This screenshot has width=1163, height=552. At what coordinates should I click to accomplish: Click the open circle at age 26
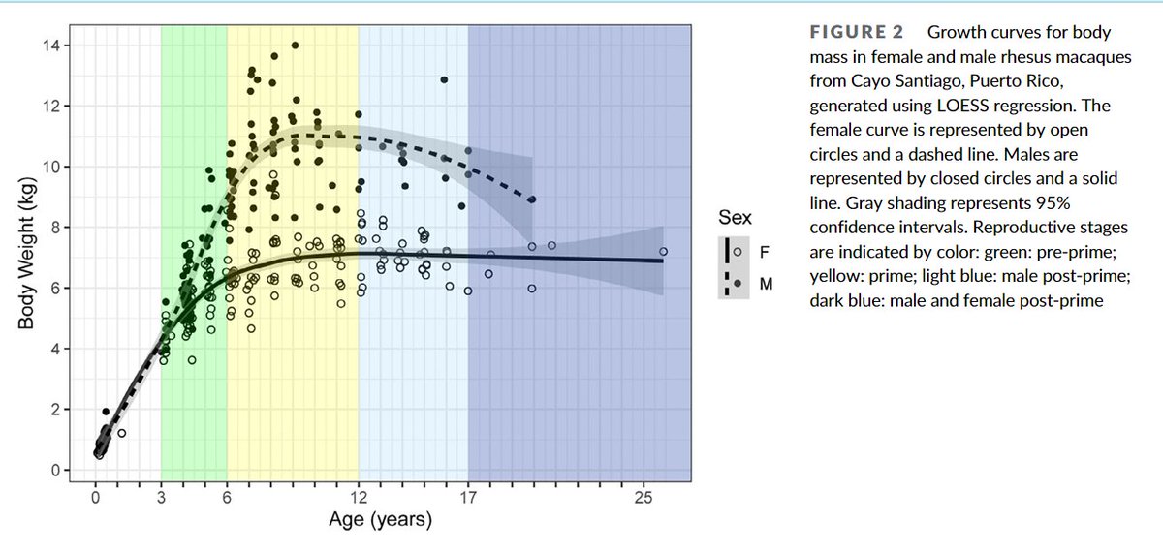coord(664,251)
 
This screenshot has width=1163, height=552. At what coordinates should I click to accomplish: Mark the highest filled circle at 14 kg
coord(295,45)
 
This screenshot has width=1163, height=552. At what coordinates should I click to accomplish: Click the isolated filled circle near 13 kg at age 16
coord(444,79)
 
